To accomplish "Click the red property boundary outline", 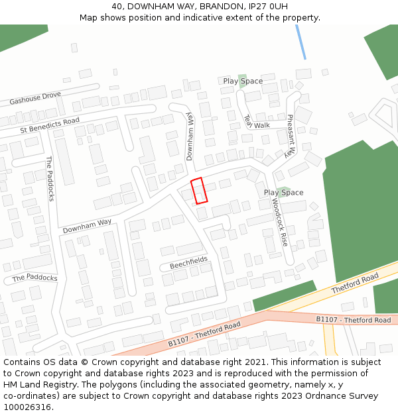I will pyautogui.click(x=199, y=191).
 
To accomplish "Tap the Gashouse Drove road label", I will pyautogui.click(x=35, y=99).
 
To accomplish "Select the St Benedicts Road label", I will pyautogui.click(x=50, y=124).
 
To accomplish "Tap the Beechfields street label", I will pyautogui.click(x=188, y=262).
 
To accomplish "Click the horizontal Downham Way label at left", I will pyautogui.click(x=87, y=226).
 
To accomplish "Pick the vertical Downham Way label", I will pyautogui.click(x=189, y=135).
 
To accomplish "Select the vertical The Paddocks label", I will pyautogui.click(x=49, y=179).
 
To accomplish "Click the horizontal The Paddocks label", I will pyautogui.click(x=35, y=278).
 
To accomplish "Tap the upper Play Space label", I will pyautogui.click(x=243, y=81).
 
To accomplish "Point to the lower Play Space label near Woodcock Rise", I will pyautogui.click(x=283, y=193).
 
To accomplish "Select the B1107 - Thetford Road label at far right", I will pyautogui.click(x=353, y=320).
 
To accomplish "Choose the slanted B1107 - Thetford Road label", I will pyautogui.click(x=204, y=335).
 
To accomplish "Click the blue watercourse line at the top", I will pyautogui.click(x=300, y=42).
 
